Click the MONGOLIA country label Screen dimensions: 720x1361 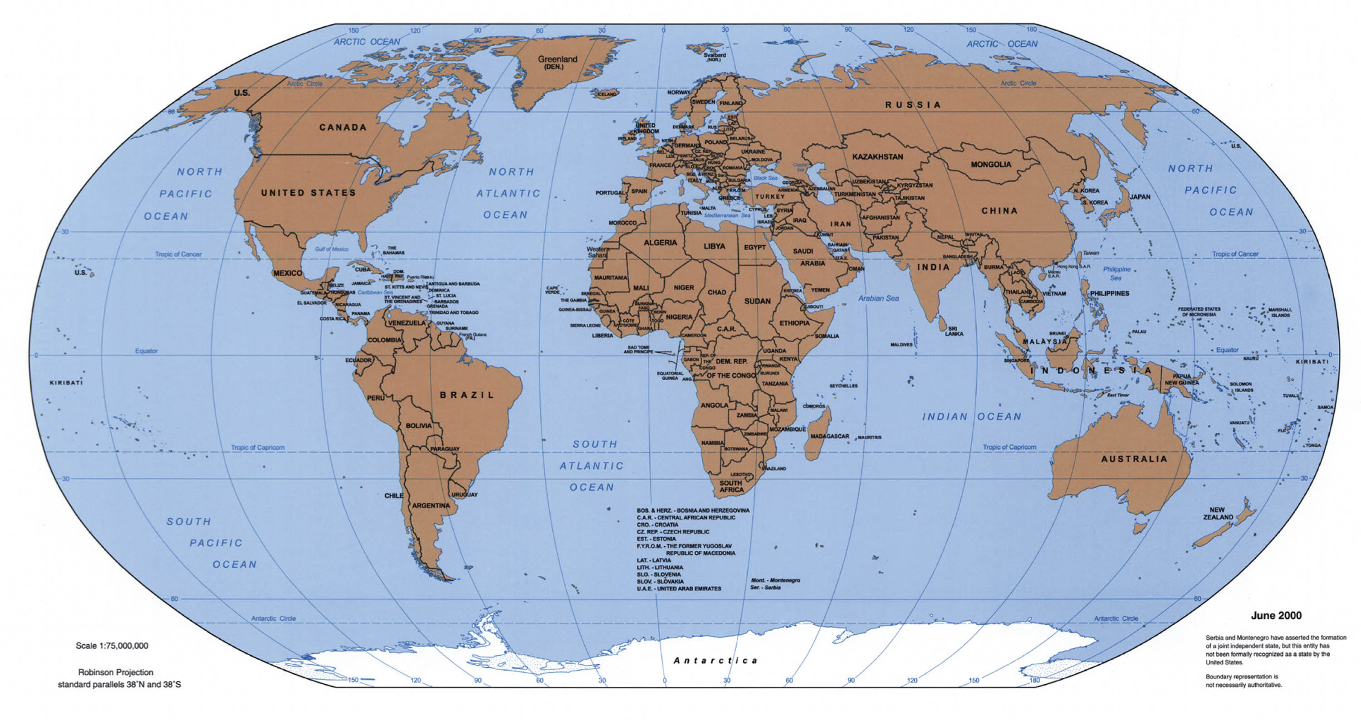click(x=991, y=165)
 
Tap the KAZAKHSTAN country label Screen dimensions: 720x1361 click(x=877, y=157)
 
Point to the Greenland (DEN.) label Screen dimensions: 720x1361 click(x=558, y=62)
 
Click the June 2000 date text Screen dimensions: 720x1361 click(x=1276, y=615)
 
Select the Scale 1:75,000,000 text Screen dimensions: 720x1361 click(x=112, y=646)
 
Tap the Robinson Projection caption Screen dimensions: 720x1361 click(x=116, y=672)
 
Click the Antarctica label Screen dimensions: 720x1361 click(x=716, y=660)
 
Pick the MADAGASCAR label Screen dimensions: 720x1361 click(x=829, y=437)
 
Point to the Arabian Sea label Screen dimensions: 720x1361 click(x=878, y=298)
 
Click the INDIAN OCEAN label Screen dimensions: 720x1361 click(x=972, y=417)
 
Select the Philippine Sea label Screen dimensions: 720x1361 click(x=1116, y=273)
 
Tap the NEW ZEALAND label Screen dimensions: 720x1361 click(x=1218, y=514)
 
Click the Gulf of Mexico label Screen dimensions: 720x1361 click(x=332, y=249)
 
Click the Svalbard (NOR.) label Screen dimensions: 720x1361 click(x=715, y=57)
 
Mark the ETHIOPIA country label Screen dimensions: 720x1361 click(x=794, y=323)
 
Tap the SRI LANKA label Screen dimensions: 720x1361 click(x=954, y=331)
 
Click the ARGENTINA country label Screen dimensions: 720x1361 click(x=431, y=506)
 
